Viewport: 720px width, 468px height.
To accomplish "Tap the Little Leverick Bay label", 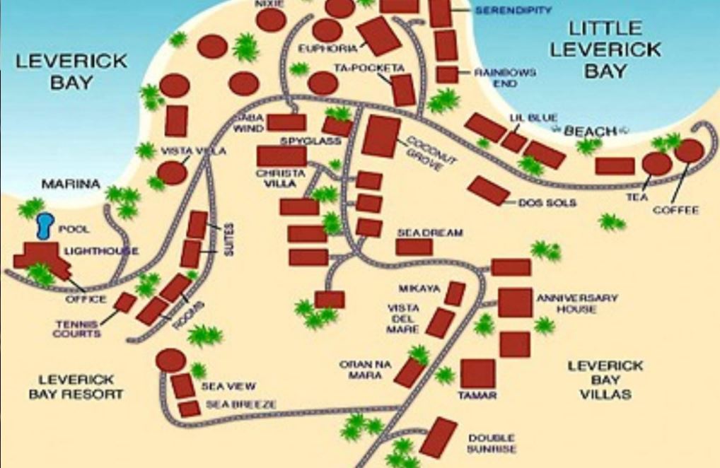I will coord(605,49).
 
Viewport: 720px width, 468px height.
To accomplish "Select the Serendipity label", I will coord(513,11).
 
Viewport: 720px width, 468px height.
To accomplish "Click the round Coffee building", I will coord(689,151).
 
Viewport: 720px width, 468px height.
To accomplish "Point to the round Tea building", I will coord(656,164).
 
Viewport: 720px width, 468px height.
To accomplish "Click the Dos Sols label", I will coord(547,203).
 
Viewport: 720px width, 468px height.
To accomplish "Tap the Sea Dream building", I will coord(414,247).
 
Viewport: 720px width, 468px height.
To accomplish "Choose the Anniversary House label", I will coord(576,303).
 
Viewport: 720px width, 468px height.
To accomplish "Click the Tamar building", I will coord(477,373).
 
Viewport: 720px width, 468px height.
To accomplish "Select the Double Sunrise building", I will coord(438,437).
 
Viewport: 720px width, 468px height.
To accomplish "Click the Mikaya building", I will coord(455,293).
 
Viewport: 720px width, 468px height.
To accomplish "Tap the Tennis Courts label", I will coord(77,329).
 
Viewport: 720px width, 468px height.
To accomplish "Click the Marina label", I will coord(71,185).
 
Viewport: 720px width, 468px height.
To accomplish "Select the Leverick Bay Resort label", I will coord(76,387).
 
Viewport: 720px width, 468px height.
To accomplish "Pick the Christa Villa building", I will coord(281,156).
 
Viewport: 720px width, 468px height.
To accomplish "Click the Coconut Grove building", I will coord(381,136).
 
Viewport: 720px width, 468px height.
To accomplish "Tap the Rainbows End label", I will coord(505,78).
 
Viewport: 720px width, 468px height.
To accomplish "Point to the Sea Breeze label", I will coord(240,404).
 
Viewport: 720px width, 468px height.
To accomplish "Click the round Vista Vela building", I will coord(172,172).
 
